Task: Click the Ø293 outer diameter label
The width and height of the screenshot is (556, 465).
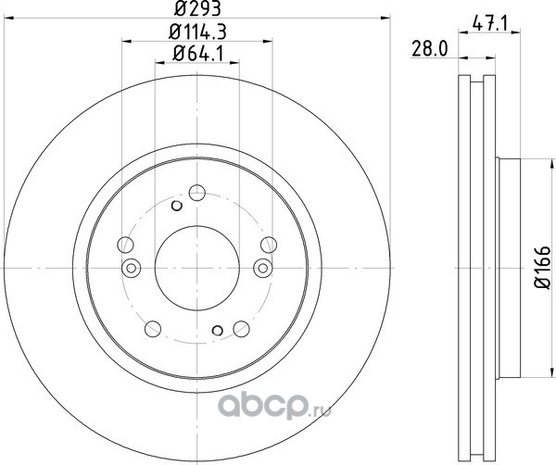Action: (x=197, y=8)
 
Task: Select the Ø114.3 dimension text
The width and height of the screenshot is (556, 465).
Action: (x=197, y=32)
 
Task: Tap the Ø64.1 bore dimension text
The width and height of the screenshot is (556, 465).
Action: (x=197, y=54)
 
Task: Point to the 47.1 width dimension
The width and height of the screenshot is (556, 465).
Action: (x=490, y=25)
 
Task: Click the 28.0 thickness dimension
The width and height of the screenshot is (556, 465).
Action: (x=430, y=49)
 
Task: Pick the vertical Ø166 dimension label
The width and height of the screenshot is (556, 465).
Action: (x=542, y=268)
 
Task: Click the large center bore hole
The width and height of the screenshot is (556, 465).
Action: (x=197, y=268)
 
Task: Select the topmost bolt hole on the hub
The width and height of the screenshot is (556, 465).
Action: (x=197, y=193)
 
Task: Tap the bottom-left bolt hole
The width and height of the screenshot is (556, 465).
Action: (x=153, y=329)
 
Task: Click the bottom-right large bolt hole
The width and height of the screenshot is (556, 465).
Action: (x=242, y=329)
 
